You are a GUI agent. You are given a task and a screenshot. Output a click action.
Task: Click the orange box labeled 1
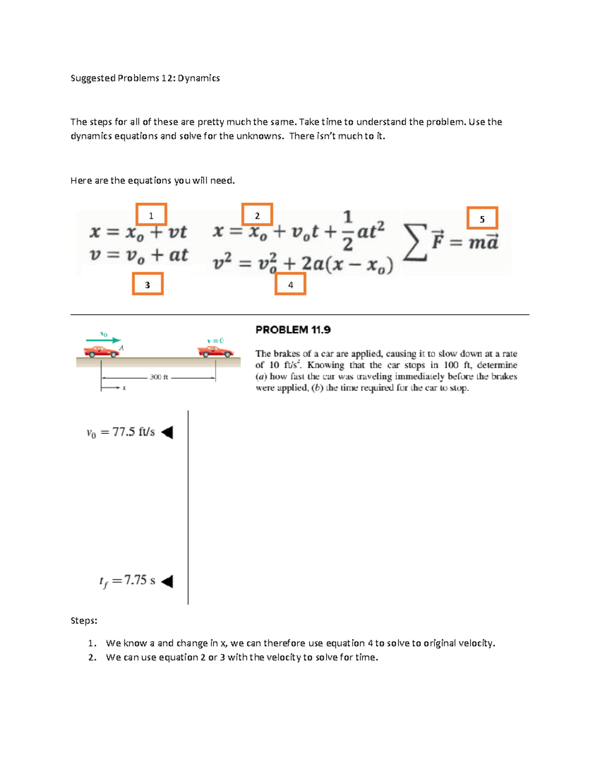[x=151, y=215]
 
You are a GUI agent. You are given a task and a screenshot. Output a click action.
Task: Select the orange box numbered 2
[x=257, y=215]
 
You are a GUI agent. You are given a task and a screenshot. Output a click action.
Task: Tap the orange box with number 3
[x=147, y=284]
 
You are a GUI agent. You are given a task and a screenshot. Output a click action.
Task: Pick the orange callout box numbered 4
[x=290, y=284]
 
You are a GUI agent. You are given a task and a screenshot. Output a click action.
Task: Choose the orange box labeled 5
[x=482, y=218]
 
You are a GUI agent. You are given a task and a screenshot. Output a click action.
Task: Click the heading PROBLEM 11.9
[x=293, y=330]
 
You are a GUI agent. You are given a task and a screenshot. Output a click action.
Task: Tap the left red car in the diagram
[x=101, y=351]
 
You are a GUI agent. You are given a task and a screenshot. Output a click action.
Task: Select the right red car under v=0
[x=215, y=351]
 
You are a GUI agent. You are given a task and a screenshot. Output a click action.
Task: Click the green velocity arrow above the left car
[x=103, y=340]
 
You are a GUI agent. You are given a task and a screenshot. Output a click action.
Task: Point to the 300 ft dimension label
[x=158, y=377]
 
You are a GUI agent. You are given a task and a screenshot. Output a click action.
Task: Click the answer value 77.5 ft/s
[x=120, y=432]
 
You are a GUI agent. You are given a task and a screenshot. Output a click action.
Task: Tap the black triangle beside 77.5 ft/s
[x=167, y=432]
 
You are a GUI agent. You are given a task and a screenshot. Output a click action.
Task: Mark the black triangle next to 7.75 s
[x=167, y=581]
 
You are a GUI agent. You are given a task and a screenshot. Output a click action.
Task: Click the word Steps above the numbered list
[x=83, y=620]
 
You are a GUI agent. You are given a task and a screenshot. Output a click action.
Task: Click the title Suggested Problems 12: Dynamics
[x=145, y=78]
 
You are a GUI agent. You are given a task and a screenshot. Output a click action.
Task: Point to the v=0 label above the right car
[x=215, y=341]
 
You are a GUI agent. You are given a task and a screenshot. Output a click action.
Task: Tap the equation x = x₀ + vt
[x=138, y=232]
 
